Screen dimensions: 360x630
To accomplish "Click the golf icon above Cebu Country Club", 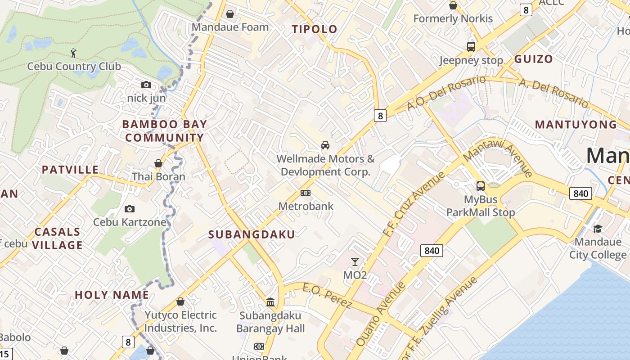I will tap(73, 53).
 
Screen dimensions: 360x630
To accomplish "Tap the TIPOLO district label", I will tap(315, 29).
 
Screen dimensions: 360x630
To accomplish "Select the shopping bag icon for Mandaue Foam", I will tap(230, 14).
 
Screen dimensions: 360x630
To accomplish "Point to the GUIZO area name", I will tap(533, 59).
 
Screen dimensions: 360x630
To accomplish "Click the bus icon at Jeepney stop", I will tap(471, 46).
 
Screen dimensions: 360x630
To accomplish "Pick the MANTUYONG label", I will tap(576, 125).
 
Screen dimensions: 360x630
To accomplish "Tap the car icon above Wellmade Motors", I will tap(325, 145).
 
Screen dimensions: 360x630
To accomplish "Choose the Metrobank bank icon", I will tap(306, 193).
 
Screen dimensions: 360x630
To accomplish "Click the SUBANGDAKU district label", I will tap(252, 234).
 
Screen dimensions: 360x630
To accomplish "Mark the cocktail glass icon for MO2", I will tap(355, 261).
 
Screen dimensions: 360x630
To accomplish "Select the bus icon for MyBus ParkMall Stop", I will tap(481, 186).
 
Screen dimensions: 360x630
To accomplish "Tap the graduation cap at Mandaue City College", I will tap(598, 229).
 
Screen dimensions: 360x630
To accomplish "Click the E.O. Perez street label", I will tap(327, 296).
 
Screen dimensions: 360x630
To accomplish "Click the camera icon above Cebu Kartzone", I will tap(130, 209).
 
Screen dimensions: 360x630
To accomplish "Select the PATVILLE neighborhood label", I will tap(70, 170).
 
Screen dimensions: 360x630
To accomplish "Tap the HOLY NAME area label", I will tap(112, 295).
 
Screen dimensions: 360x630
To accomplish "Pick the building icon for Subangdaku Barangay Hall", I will tap(270, 302).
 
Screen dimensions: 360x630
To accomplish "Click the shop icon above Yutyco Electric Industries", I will tap(180, 301).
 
